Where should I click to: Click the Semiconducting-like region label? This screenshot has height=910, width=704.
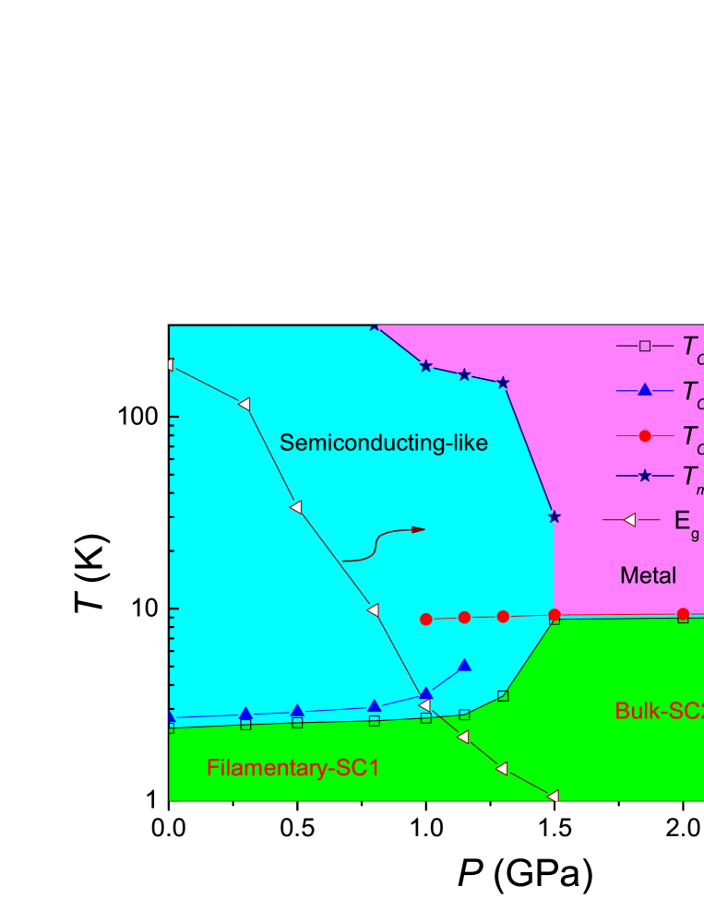click(383, 443)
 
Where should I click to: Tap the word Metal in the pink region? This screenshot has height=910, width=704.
click(648, 576)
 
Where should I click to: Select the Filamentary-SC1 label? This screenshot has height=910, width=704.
click(292, 768)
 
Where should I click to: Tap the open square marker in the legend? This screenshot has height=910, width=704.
click(645, 346)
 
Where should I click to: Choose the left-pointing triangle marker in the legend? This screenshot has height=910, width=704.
click(630, 520)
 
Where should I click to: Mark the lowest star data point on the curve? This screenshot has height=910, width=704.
click(554, 516)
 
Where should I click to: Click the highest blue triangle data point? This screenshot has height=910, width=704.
click(465, 666)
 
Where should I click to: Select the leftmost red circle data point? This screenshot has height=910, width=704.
click(426, 620)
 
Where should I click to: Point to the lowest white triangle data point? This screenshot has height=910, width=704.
click(554, 796)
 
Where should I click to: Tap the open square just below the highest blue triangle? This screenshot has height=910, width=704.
click(465, 715)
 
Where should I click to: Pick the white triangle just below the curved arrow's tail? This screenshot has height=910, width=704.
click(373, 609)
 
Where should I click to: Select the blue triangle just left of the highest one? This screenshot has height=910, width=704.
click(426, 693)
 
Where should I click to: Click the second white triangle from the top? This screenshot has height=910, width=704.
click(244, 404)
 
